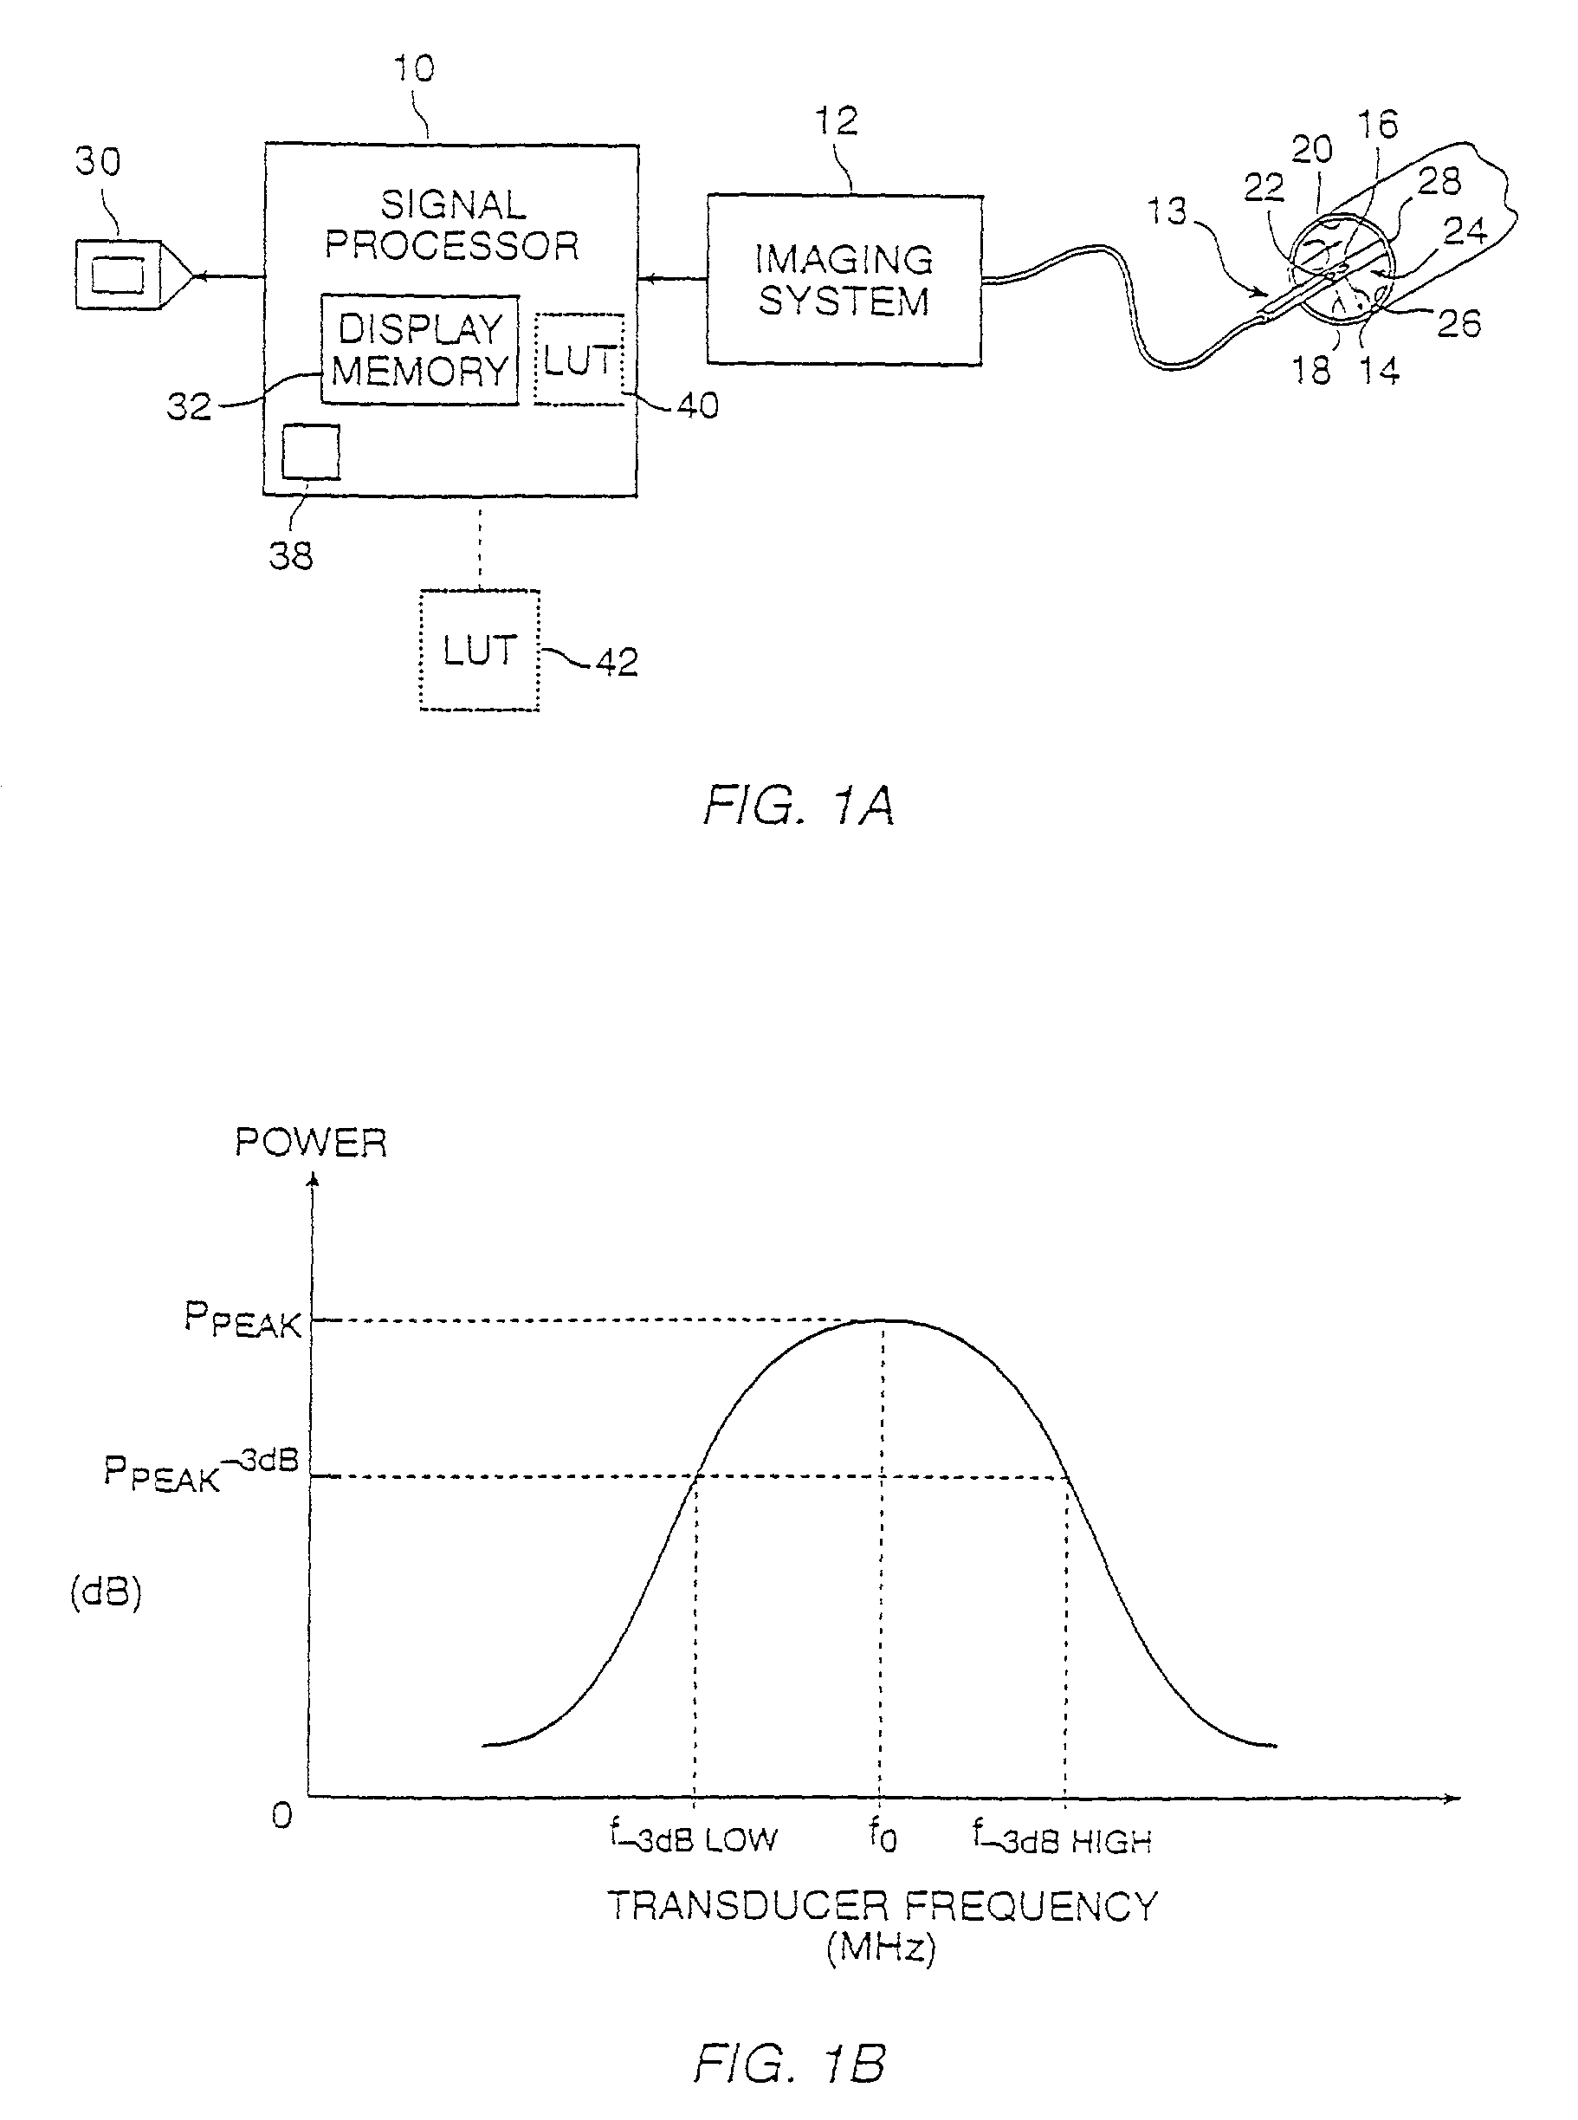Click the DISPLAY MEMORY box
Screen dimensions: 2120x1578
point(419,350)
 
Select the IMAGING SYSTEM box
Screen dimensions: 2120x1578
point(844,280)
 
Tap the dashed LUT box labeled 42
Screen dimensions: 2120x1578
point(480,651)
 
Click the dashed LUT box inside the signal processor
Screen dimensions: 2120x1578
point(579,360)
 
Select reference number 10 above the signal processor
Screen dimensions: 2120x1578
point(414,68)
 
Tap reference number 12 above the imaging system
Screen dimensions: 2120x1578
point(836,121)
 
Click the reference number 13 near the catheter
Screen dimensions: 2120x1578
point(1167,211)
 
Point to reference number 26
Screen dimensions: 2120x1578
point(1458,324)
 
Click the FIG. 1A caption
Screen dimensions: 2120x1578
point(799,806)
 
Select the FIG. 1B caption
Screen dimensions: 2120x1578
point(790,2064)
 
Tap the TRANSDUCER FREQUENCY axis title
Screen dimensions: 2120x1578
point(882,1906)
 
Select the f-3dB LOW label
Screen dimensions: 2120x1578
point(695,1836)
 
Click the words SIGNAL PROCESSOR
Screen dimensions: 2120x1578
point(452,225)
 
